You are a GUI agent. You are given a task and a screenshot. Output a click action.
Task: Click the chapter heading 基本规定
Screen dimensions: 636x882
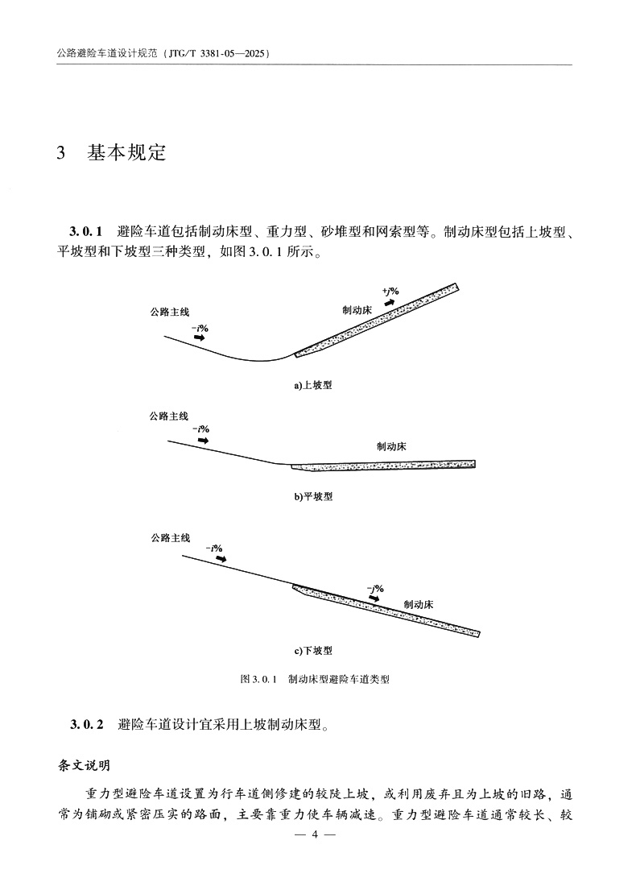pyautogui.click(x=126, y=152)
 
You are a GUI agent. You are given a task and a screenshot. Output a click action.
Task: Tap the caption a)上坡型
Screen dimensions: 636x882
pyautogui.click(x=312, y=386)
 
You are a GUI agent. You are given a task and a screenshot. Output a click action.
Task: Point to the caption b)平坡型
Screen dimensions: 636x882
pyautogui.click(x=312, y=496)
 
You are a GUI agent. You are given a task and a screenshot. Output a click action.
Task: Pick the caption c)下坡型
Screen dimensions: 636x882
pyautogui.click(x=312, y=649)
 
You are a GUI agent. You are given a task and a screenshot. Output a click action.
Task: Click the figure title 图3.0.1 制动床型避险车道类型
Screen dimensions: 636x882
pyautogui.click(x=315, y=679)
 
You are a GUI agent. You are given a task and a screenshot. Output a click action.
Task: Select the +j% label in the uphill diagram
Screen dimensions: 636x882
pyautogui.click(x=391, y=290)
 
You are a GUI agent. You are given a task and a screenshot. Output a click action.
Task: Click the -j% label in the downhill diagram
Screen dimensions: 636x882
pyautogui.click(x=374, y=588)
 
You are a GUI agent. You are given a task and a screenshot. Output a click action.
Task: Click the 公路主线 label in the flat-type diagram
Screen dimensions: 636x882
pyautogui.click(x=168, y=416)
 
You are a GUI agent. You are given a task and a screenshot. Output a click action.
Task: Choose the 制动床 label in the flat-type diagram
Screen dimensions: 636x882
pyautogui.click(x=393, y=445)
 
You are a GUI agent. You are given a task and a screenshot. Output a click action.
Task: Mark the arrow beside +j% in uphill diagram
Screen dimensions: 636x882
pyautogui.click(x=389, y=302)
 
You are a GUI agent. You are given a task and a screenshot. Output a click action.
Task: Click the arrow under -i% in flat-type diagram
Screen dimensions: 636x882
pyautogui.click(x=202, y=441)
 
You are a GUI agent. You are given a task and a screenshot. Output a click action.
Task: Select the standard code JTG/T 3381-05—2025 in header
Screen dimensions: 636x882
pyautogui.click(x=215, y=53)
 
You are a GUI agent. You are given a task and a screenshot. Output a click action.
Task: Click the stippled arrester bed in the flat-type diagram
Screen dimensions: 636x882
pyautogui.click(x=386, y=466)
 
